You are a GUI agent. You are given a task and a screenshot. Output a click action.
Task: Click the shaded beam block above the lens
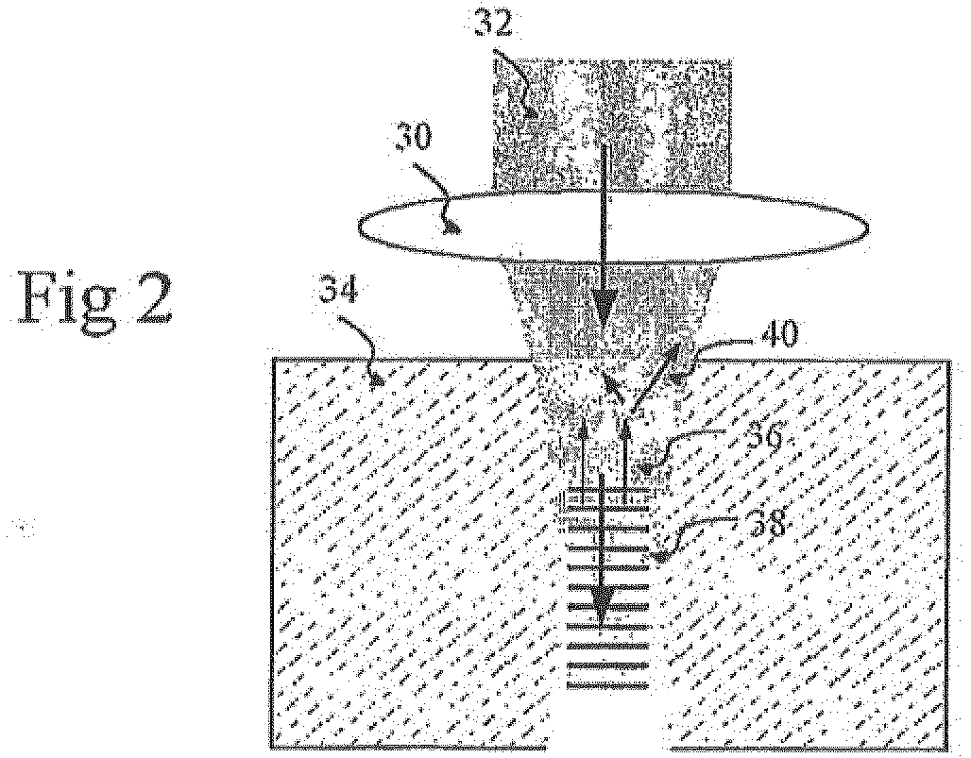click(x=612, y=124)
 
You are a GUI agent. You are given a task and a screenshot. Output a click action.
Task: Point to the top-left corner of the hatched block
click(x=272, y=360)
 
